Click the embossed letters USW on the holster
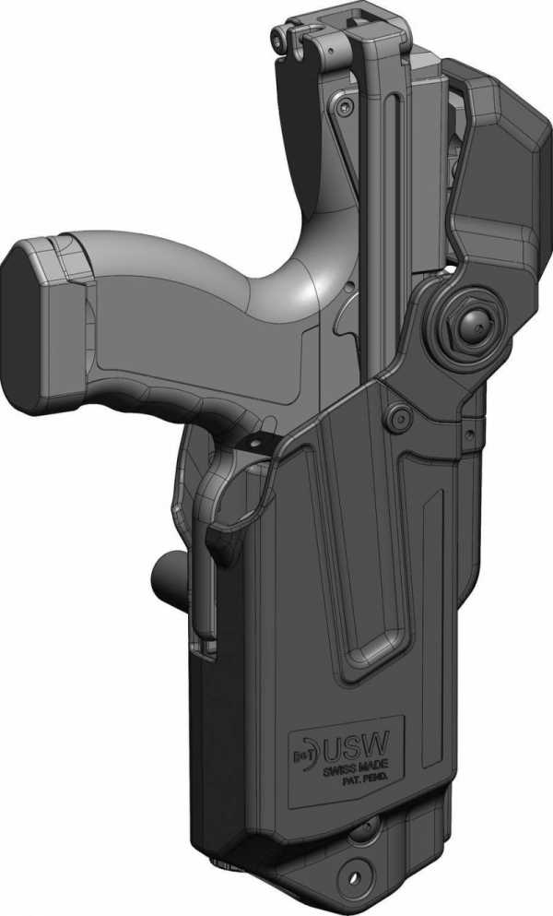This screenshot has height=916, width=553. tap(356, 745)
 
